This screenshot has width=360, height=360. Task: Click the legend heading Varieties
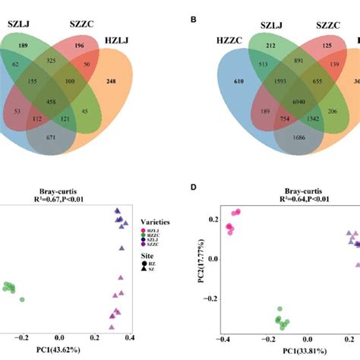click(x=155, y=221)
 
